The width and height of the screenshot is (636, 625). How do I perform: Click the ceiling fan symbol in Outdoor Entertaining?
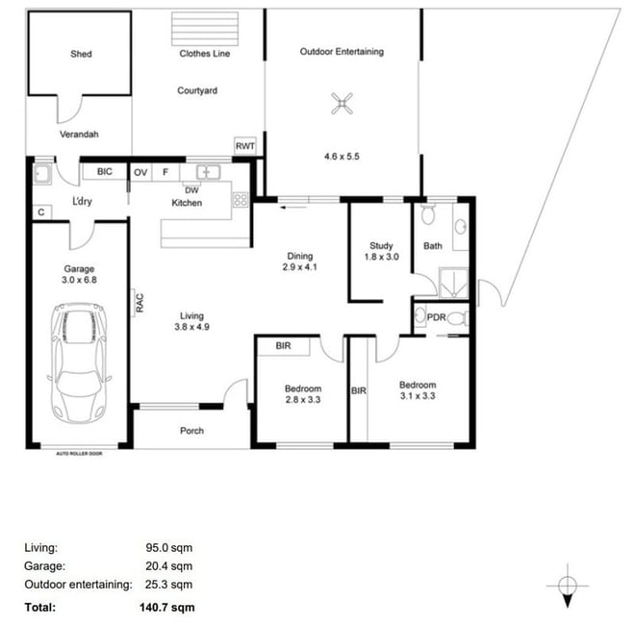point(342,104)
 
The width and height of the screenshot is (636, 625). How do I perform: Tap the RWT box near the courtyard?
point(245,146)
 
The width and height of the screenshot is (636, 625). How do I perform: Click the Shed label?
point(81,54)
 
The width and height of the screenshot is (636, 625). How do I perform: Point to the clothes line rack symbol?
point(205,29)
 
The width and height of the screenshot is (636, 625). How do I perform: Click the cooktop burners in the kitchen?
point(241,199)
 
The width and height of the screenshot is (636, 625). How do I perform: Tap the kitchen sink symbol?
point(209,172)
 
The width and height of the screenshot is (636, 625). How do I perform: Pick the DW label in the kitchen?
point(191,190)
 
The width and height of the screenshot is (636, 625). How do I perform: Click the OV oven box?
point(140,173)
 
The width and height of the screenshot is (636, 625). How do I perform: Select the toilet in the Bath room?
point(428,213)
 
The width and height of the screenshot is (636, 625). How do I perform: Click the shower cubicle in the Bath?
point(454,282)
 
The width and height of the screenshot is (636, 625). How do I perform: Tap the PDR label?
point(437,317)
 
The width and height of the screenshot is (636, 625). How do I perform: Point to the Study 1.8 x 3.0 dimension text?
point(381,257)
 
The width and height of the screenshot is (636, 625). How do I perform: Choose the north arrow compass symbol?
point(568,586)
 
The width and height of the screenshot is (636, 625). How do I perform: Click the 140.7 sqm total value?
point(167,607)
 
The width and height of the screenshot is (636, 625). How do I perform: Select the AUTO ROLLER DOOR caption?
point(79,454)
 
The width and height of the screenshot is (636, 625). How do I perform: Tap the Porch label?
point(191,431)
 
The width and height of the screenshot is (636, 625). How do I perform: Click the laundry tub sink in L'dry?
point(41,174)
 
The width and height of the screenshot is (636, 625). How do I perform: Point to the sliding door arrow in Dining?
point(294,208)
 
